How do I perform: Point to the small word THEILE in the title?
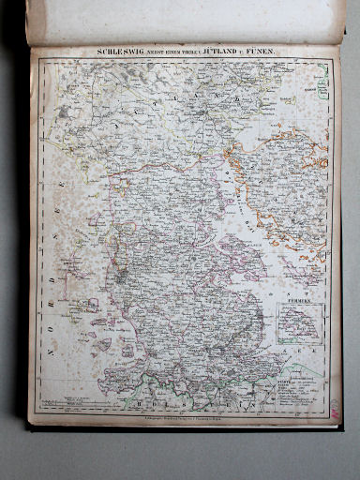click(x=177, y=53)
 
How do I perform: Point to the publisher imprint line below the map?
click(x=187, y=413)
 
